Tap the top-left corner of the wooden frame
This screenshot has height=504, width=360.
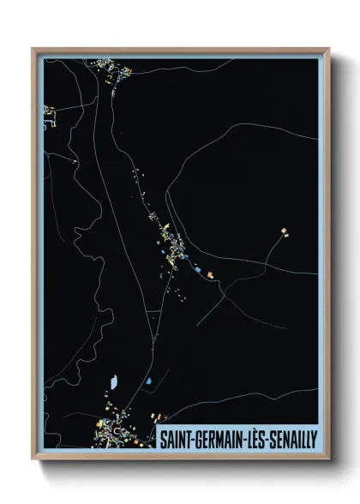[33, 49]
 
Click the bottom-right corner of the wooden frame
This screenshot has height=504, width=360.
[328, 459]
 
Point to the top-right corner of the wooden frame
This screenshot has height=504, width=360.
[328, 49]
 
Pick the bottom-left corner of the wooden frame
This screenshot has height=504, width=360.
[33, 459]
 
